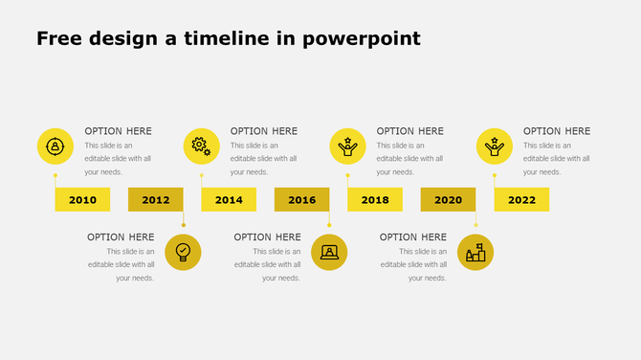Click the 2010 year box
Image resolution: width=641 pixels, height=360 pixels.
[82, 200]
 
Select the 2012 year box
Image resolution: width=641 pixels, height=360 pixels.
[155, 200]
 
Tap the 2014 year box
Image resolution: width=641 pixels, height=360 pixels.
[229, 200]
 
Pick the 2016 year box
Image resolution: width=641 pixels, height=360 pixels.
[301, 200]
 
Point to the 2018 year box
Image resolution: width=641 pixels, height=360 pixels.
[375, 200]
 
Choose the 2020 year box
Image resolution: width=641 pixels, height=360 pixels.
[448, 200]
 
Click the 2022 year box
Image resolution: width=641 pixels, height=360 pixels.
[521, 200]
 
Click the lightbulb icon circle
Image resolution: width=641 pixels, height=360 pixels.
[183, 252]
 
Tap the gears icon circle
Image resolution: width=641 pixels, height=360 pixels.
[201, 146]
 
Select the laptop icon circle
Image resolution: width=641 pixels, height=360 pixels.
[329, 252]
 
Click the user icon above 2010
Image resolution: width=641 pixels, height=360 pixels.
[55, 146]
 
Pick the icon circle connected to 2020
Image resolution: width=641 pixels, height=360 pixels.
[475, 252]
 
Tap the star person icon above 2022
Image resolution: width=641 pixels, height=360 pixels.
[495, 146]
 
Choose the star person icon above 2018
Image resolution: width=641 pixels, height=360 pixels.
[348, 146]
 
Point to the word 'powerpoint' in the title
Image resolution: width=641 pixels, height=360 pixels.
[362, 39]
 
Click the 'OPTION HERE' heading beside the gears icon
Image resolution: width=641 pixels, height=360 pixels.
[264, 131]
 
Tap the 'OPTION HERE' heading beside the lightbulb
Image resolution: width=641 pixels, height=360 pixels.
[121, 236]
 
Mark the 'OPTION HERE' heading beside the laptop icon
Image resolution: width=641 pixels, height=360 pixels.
[267, 236]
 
